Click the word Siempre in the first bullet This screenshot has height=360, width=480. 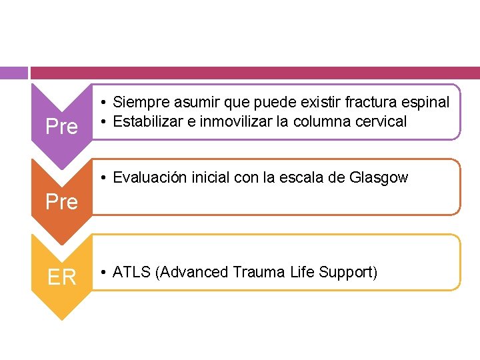coord(137,102)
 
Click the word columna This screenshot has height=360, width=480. coord(325,121)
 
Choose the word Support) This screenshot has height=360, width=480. coord(347,273)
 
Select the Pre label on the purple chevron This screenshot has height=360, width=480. coord(61,127)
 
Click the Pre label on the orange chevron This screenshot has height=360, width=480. coord(61,201)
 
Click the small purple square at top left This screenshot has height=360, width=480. coord(13,72)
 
